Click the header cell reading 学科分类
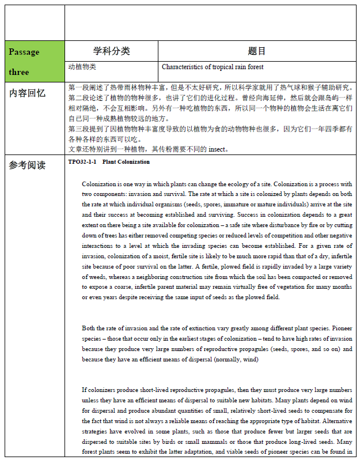pyautogui.click(x=112, y=51)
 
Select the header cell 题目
pyautogui.click(x=257, y=51)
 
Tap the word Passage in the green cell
pyautogui.click(x=24, y=52)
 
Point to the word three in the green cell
pyautogui.click(x=19, y=72)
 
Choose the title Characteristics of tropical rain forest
pyautogui.click(x=213, y=67)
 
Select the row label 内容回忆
pyautogui.click(x=28, y=93)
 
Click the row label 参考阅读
pyautogui.click(x=28, y=165)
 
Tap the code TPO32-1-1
pyautogui.click(x=82, y=162)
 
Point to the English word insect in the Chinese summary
pyautogui.click(x=219, y=149)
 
